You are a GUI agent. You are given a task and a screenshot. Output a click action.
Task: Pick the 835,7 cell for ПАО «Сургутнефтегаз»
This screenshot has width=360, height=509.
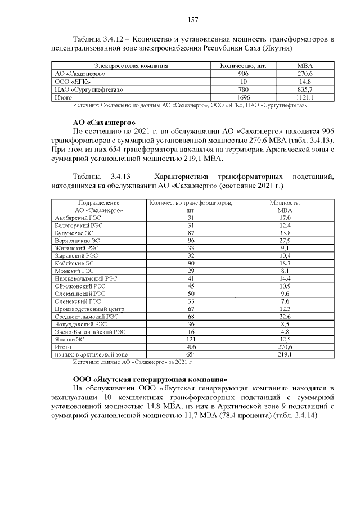point(305,89)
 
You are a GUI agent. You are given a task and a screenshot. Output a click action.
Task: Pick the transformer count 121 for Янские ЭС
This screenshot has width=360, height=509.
point(191,340)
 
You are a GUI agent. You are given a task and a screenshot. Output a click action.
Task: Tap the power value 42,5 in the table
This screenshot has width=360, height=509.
point(285,340)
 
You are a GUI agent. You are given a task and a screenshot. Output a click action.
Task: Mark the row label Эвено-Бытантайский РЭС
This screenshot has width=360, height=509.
point(90,332)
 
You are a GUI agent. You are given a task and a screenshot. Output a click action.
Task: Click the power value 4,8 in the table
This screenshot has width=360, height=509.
point(285,332)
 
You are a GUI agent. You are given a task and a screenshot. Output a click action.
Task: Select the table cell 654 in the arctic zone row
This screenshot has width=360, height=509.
point(191,355)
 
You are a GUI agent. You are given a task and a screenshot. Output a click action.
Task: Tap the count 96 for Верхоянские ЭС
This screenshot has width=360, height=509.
point(191,240)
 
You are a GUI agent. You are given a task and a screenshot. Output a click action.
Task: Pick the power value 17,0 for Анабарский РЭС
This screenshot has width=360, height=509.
point(285,218)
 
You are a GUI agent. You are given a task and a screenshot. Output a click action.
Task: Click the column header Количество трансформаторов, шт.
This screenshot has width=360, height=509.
point(191,206)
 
